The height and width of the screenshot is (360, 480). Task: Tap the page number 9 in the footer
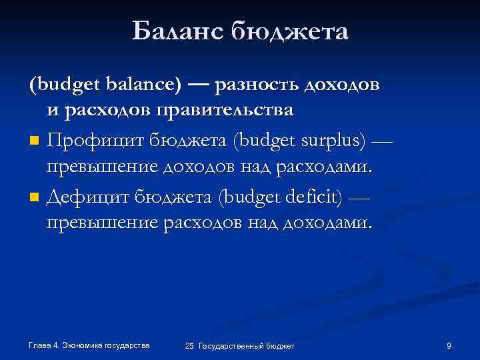coord(449,345)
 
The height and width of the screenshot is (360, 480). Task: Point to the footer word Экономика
coord(83,345)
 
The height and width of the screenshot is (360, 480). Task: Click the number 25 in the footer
coord(191,346)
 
